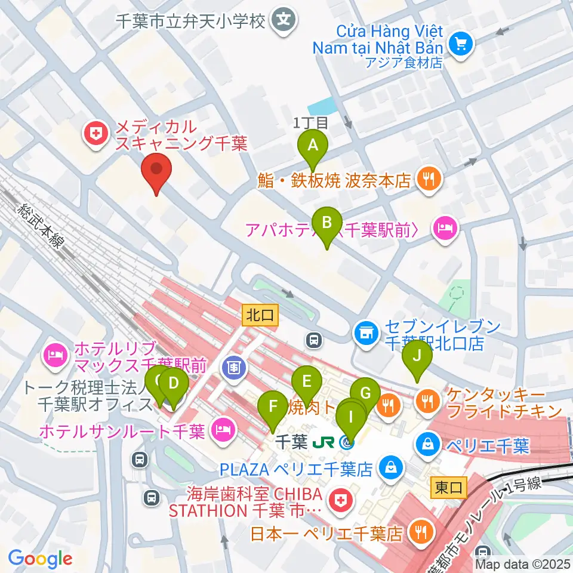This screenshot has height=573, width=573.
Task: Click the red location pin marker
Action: (x=156, y=171)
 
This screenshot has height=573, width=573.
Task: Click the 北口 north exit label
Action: (x=261, y=316)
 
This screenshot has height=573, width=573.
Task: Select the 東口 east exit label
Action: (x=448, y=488)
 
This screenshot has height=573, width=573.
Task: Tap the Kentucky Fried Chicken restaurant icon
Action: (x=427, y=402)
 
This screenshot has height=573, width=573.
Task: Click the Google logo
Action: (x=41, y=559)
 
